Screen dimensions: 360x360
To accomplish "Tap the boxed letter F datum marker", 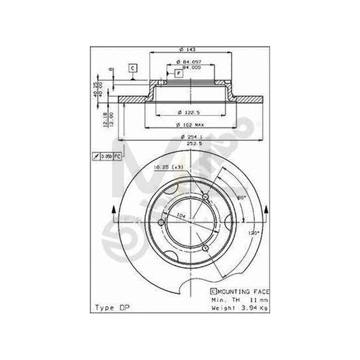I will [178, 73].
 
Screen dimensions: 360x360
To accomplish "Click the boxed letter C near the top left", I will [133, 68].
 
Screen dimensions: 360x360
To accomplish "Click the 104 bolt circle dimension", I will [180, 215].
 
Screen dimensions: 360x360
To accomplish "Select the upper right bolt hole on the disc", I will [205, 197].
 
